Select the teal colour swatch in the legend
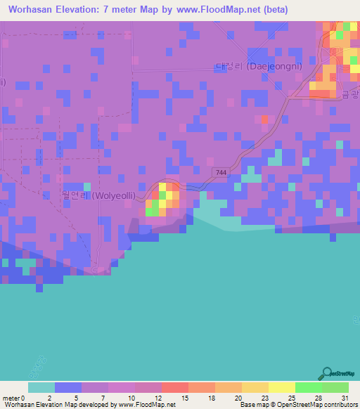click(x=41, y=387)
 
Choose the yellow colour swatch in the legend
click(x=281, y=387)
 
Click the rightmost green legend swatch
click(x=335, y=387)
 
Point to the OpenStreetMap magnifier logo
click(x=326, y=373)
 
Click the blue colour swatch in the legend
click(x=68, y=387)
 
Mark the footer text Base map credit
click(x=299, y=405)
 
